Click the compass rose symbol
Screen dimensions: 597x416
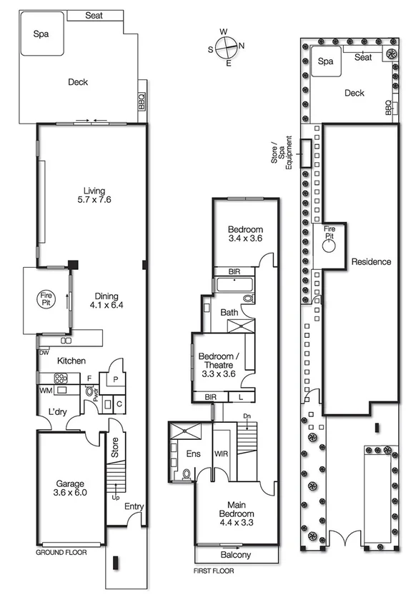226,48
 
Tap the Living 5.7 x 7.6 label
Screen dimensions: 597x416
94,195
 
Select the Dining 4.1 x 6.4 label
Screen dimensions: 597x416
104,301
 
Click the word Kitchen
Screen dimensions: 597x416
71,361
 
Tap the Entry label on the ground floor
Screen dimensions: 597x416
134,506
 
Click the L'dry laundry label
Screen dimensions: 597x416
57,412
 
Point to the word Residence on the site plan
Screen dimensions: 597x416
371,262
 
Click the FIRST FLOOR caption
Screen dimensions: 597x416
214,571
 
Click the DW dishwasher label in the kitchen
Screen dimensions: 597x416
44,353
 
